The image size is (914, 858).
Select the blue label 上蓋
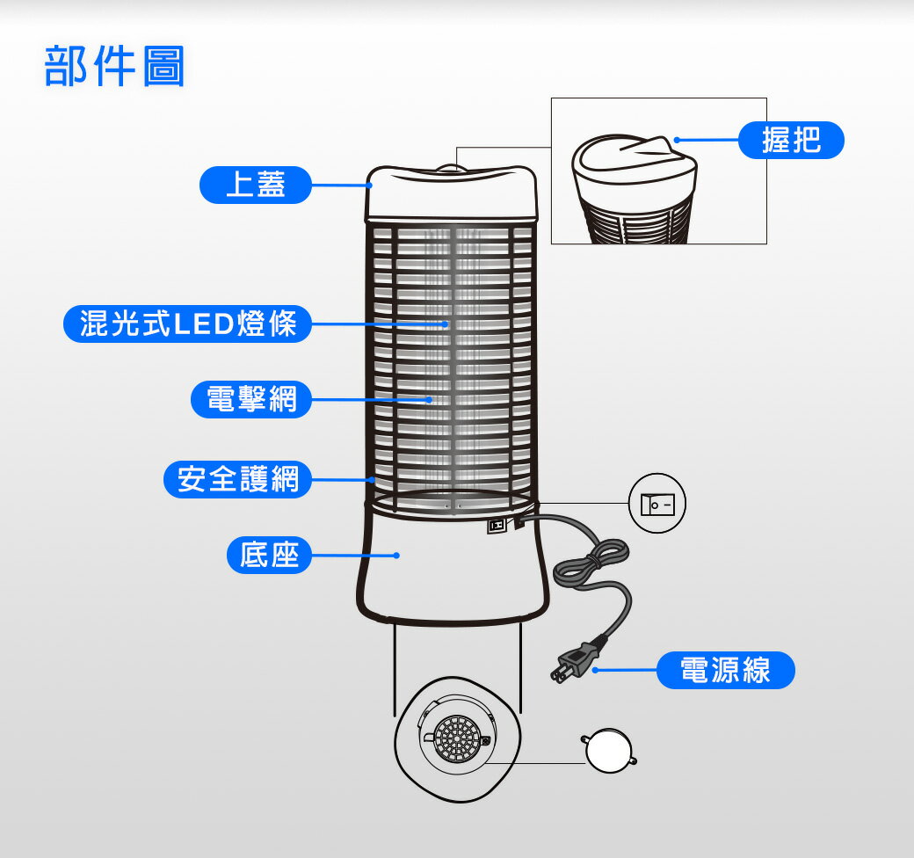(x=256, y=185)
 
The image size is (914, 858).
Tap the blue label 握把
(x=791, y=140)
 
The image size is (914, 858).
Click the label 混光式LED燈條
(x=188, y=324)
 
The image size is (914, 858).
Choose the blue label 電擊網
(x=251, y=399)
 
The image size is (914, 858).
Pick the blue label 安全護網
(x=238, y=480)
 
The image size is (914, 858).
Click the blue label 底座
(x=269, y=555)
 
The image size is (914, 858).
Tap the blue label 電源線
(x=725, y=671)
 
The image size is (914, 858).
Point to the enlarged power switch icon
(x=657, y=505)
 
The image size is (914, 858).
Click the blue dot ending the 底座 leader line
(x=397, y=556)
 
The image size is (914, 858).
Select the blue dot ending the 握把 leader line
(x=677, y=140)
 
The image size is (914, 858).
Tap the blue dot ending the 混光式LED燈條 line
(x=446, y=324)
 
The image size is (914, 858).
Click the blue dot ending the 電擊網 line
(x=430, y=399)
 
